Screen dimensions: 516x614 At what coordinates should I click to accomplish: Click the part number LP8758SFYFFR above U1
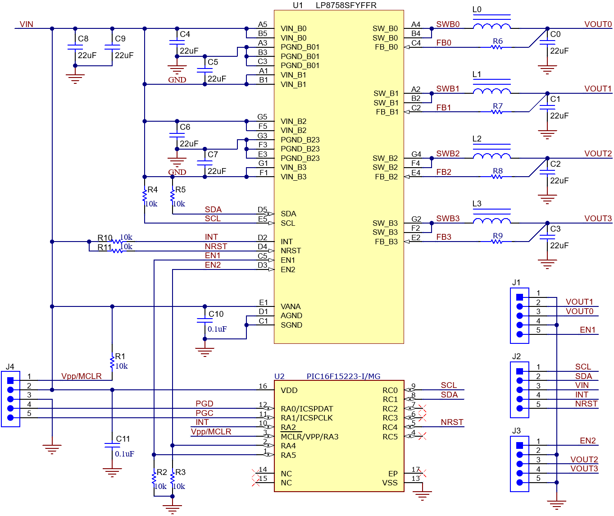(346, 5)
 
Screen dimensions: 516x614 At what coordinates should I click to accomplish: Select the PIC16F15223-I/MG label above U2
(343, 376)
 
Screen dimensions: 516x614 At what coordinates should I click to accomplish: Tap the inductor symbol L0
(491, 26)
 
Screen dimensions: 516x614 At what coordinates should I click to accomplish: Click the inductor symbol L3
(491, 220)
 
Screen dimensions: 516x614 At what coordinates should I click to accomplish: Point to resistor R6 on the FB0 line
(497, 47)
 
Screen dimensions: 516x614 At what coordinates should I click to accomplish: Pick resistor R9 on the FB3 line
(497, 242)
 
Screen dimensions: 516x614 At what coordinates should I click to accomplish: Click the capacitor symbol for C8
(75, 47)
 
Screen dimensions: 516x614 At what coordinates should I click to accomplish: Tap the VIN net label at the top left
(26, 24)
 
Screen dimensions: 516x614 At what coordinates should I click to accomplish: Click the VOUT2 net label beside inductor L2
(598, 154)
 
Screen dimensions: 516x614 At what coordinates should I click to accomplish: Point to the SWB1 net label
(447, 89)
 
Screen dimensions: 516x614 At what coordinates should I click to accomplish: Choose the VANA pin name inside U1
(291, 306)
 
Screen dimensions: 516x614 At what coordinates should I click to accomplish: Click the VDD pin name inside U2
(289, 390)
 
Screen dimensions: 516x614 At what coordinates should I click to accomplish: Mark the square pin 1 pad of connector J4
(11, 381)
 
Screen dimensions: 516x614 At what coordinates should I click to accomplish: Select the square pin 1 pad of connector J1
(519, 297)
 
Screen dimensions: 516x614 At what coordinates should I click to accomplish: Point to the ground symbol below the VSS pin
(422, 496)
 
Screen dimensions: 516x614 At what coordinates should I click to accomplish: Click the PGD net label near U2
(204, 404)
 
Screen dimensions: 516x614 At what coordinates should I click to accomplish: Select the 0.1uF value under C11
(124, 454)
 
